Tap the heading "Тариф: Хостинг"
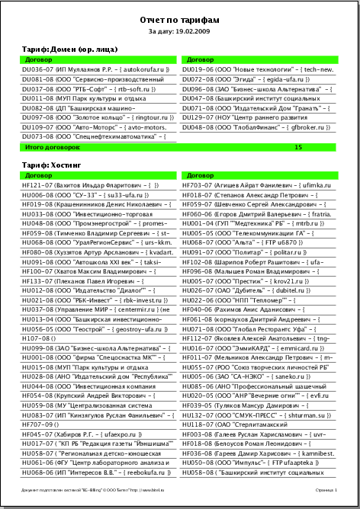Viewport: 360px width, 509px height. click(x=50, y=165)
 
